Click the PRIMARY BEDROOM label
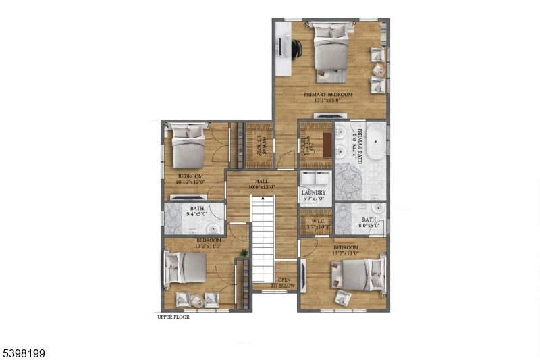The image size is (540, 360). (x=327, y=95)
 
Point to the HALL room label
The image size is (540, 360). (x=262, y=181)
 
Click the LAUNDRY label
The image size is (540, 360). (x=313, y=192)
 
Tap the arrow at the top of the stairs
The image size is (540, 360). (x=262, y=199)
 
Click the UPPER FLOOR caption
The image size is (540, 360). (x=173, y=317)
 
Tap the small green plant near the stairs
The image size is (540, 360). (x=244, y=253)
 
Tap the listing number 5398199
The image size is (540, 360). (x=24, y=353)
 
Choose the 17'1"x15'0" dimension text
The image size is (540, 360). (x=327, y=101)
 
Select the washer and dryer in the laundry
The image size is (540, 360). (x=315, y=180)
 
